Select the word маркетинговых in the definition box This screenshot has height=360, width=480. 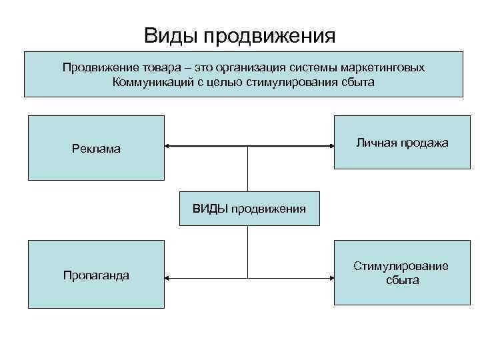(x=383, y=68)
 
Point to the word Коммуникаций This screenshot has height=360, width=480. (x=151, y=83)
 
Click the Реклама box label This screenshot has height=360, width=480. (x=96, y=149)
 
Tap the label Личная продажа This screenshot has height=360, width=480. (x=402, y=143)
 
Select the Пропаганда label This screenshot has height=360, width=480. (x=96, y=275)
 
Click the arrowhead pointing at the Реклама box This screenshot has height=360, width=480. (x=168, y=145)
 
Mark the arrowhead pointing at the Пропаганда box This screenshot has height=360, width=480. (x=168, y=277)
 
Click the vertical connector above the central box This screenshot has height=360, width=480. (x=248, y=169)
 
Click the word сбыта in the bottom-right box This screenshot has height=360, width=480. (x=402, y=281)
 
